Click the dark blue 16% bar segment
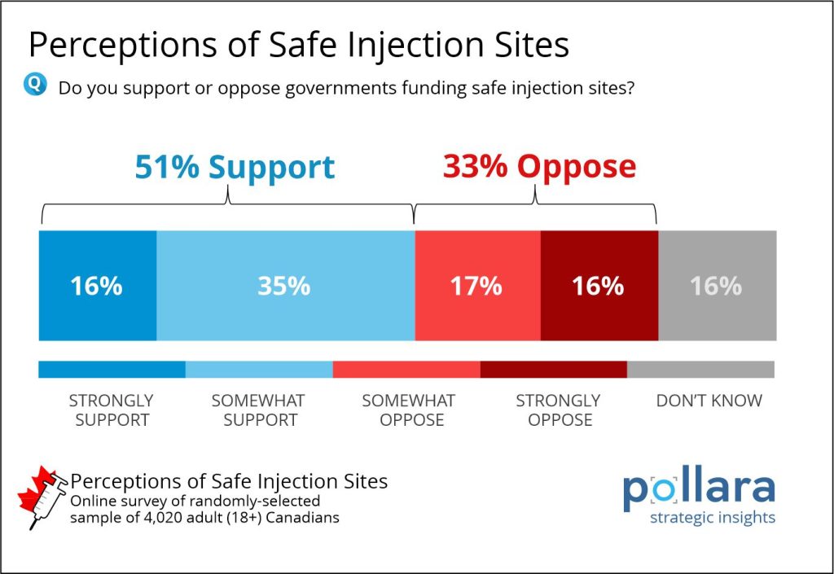tap(97, 286)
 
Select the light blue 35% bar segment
tap(285, 286)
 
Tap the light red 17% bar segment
tap(476, 286)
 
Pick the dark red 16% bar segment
tap(599, 286)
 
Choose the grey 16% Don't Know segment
tap(717, 286)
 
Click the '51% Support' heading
tap(235, 167)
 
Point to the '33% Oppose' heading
tap(539, 166)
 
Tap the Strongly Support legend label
tap(111, 410)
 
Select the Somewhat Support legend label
tap(258, 410)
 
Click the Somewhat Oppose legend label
tap(407, 410)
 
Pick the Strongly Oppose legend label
tap(559, 410)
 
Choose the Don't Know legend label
tap(709, 401)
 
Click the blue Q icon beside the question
tap(35, 84)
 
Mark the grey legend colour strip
tap(700, 370)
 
